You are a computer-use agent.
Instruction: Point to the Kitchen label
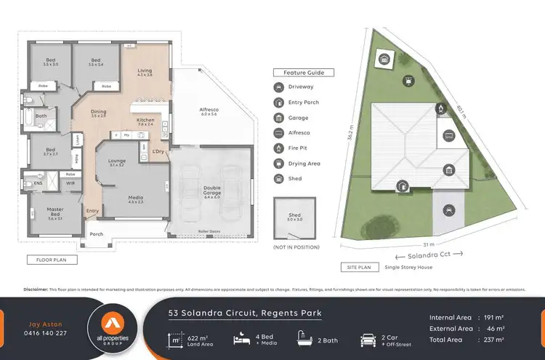coord(145,121)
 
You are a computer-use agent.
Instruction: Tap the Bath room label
coord(41,116)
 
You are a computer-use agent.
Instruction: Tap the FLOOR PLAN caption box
coord(47,259)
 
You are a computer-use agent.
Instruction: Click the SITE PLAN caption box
coord(355,268)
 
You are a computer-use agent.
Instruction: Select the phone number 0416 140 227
coord(46,333)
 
